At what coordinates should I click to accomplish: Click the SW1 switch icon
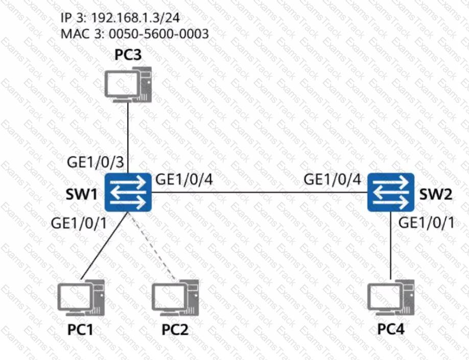[x=128, y=192]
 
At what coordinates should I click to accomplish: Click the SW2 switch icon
[x=391, y=192]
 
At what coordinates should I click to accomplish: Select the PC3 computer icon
[x=128, y=85]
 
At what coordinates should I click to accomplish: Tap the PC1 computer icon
[x=81, y=298]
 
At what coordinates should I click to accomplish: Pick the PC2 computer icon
[x=175, y=298]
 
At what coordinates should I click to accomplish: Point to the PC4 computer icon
[x=391, y=298]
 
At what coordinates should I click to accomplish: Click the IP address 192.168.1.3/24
[x=135, y=18]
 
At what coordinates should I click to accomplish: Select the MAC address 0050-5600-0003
[x=158, y=34]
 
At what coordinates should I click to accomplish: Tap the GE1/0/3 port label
[x=96, y=162]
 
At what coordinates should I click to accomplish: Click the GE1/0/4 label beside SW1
[x=184, y=179]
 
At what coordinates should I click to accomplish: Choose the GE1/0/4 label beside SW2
[x=332, y=179]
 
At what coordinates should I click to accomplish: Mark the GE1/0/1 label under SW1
[x=79, y=223]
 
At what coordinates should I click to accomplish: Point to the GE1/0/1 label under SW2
[x=427, y=223]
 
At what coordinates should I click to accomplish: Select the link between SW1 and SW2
[x=260, y=192]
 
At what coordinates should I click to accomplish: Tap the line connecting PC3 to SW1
[x=128, y=138]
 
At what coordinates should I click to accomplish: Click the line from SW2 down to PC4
[x=391, y=245]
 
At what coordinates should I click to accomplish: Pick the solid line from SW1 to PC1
[x=105, y=246]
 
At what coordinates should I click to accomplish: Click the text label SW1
[x=81, y=194]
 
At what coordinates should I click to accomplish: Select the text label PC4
[x=391, y=329]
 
